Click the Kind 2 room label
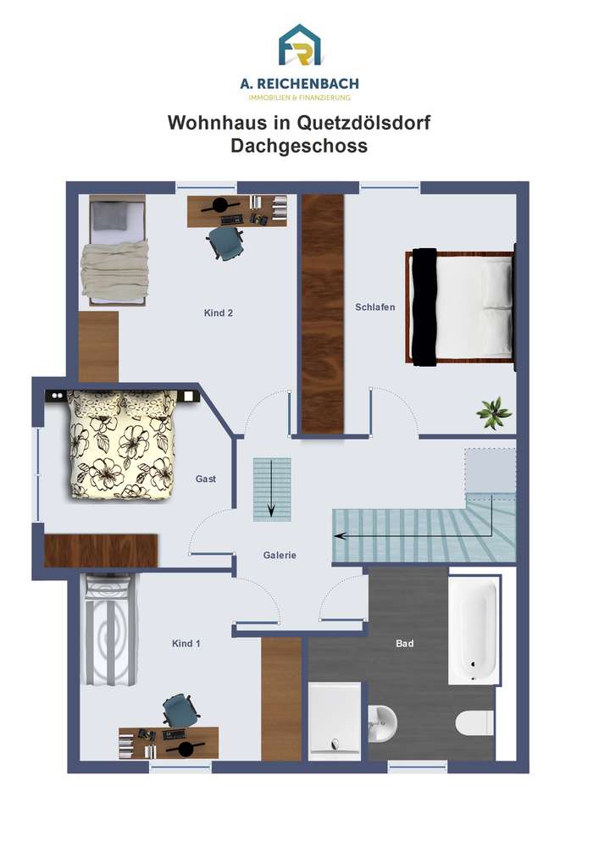point(219,313)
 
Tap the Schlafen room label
point(374,307)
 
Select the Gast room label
point(206,479)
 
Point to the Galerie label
point(280,555)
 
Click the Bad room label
point(404,644)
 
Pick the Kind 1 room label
point(186,644)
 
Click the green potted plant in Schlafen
point(494,413)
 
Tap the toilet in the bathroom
point(474,722)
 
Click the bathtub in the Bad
point(474,629)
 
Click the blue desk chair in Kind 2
point(225,241)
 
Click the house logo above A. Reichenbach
point(300,46)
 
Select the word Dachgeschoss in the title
point(299,146)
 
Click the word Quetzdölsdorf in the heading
point(364,123)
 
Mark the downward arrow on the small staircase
point(271,489)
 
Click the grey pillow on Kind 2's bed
point(110,215)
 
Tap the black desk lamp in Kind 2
point(220,205)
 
